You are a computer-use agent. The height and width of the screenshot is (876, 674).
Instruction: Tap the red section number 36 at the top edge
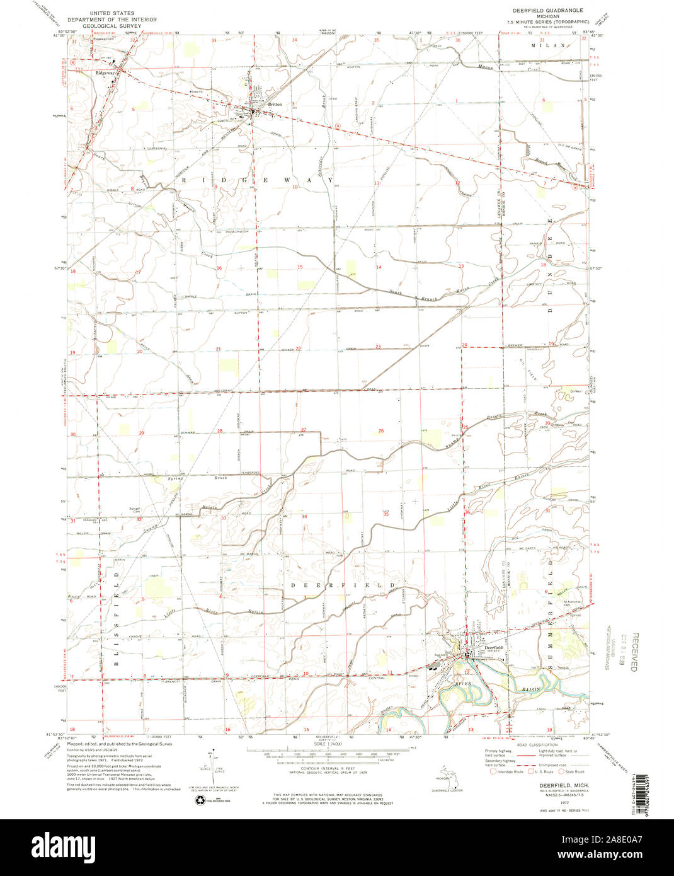coord(457,40)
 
